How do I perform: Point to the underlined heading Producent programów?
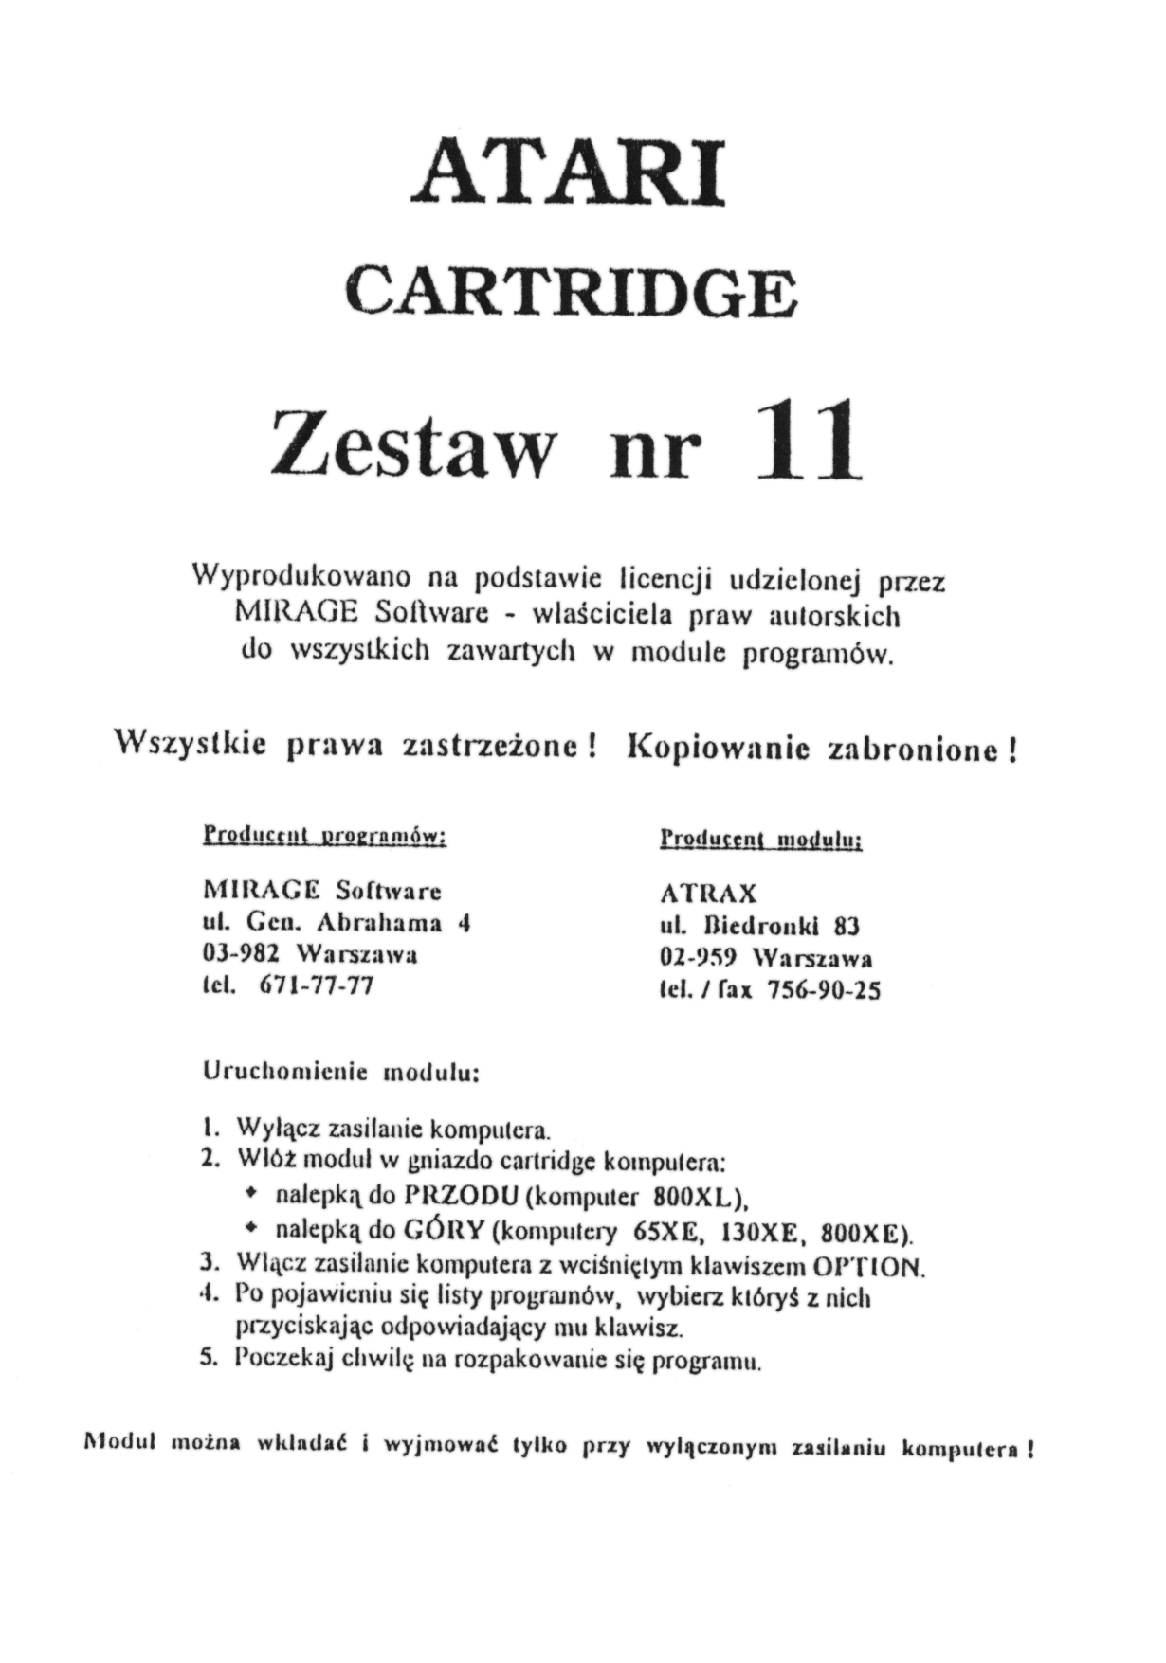324,837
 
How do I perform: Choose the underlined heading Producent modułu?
760,840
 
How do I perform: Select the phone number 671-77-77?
316,985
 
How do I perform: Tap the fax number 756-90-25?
823,990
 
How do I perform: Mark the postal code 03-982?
235,953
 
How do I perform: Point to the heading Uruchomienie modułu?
342,1074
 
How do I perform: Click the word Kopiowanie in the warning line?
719,748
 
